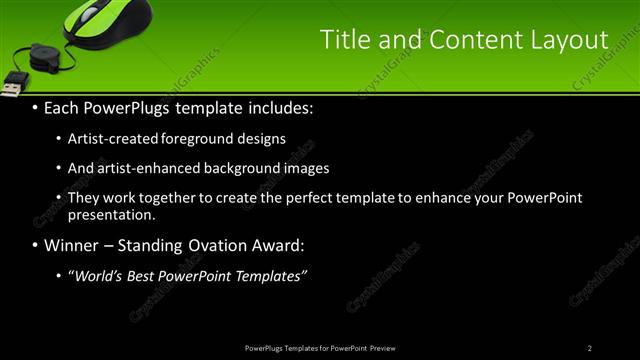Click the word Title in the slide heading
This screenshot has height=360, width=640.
[x=341, y=40]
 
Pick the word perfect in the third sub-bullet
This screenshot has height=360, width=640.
[x=322, y=198]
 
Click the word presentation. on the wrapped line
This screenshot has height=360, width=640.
[x=111, y=214]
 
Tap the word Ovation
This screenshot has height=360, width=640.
[x=220, y=245]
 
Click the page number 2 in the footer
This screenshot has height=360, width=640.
[x=590, y=348]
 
